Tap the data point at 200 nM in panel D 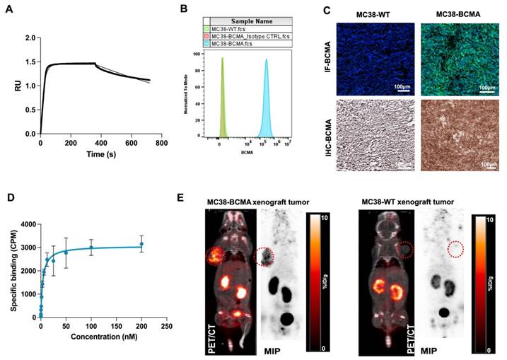[141, 244]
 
